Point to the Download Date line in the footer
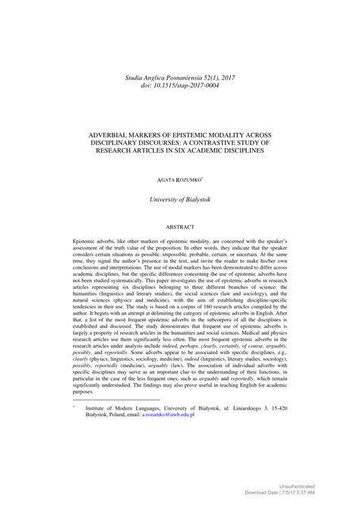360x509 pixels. pyautogui.click(x=300, y=494)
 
